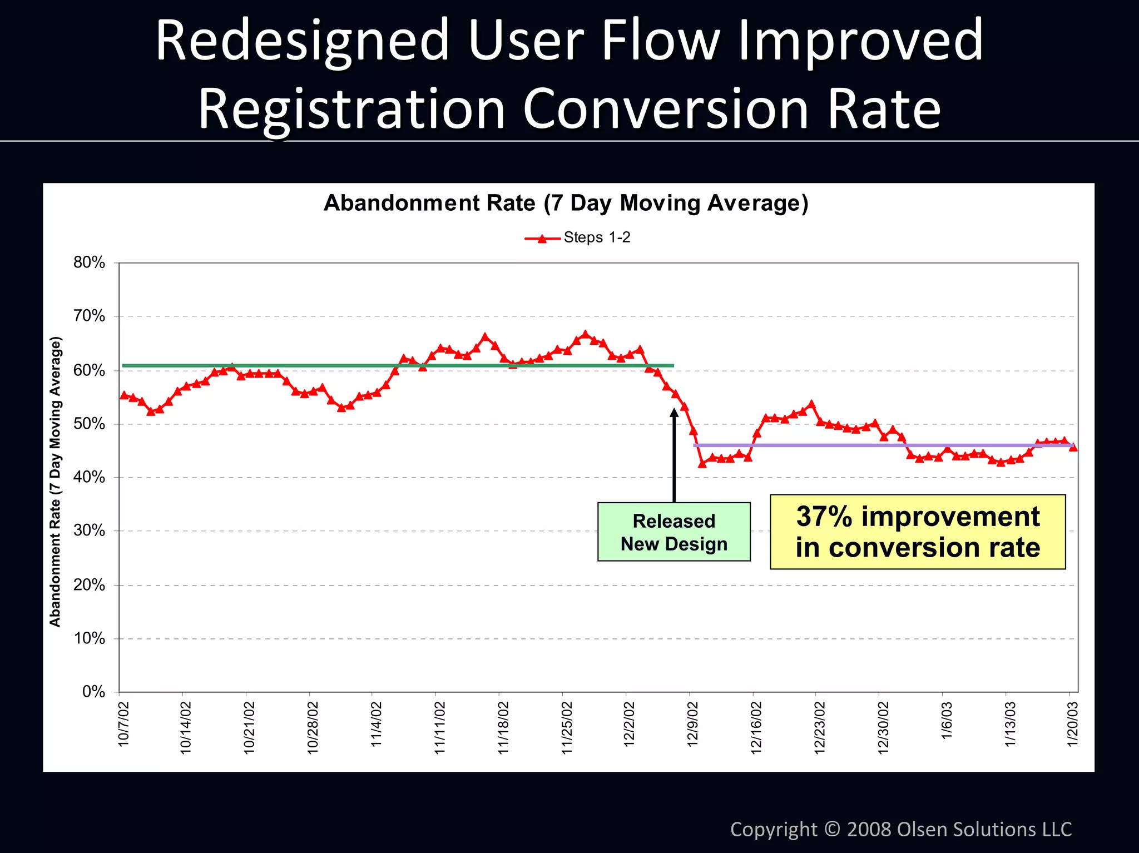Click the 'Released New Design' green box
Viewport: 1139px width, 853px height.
674,532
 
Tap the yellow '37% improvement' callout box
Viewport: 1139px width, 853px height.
917,532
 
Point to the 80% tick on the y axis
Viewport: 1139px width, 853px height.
89,262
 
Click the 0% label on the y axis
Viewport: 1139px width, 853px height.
93,692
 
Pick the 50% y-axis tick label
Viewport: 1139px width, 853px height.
89,424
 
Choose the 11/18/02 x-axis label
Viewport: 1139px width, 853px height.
503,727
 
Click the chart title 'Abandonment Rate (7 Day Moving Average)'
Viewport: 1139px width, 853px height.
566,203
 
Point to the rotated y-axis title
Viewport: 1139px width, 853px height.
55,482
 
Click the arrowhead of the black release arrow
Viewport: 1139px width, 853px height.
674,412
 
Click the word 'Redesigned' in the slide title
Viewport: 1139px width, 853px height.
302,40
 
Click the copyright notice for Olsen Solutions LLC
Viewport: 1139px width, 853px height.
900,829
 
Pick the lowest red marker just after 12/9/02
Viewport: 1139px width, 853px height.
702,463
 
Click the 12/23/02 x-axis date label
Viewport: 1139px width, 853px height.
819,727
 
